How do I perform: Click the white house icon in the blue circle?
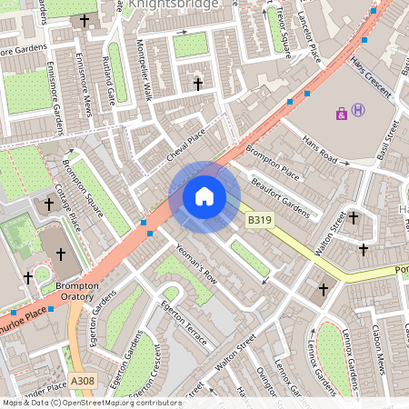point(204,196)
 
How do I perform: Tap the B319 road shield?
point(260,220)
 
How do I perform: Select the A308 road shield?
point(81,381)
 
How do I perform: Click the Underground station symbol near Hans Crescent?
point(359,110)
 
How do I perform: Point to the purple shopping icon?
point(342,114)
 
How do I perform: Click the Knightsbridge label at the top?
point(174,5)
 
